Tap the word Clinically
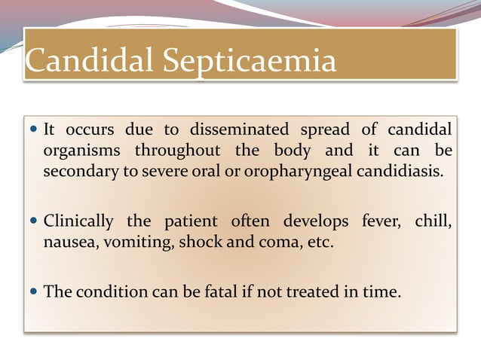(78, 222)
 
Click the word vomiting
(132, 243)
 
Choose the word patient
(190, 222)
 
